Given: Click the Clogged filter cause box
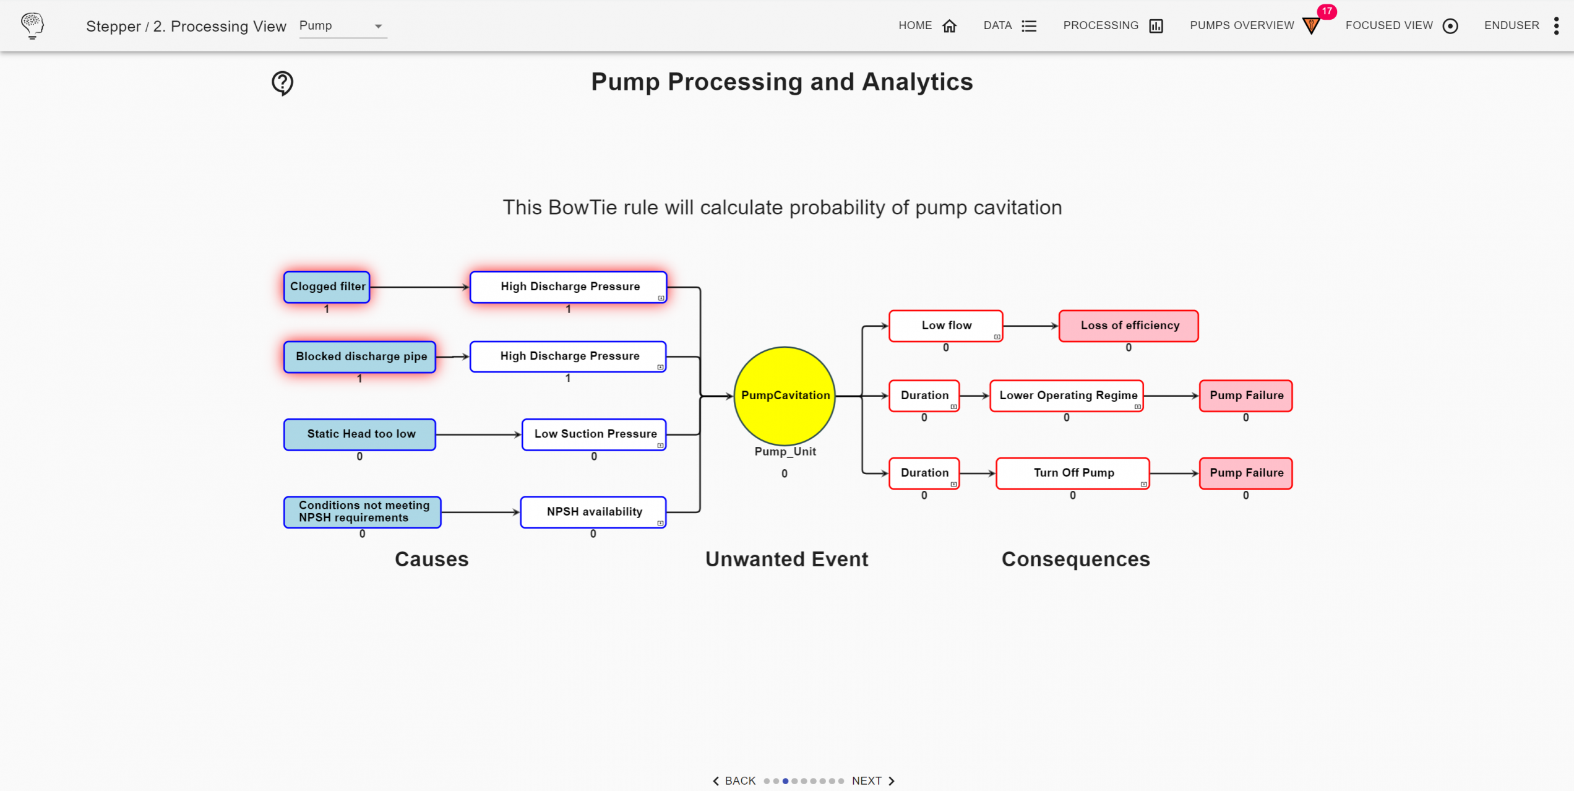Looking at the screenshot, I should click(327, 287).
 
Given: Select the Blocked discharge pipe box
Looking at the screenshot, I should click(359, 357).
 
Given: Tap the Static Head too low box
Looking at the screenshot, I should click(359, 434).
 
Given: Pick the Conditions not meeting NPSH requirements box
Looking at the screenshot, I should click(362, 512).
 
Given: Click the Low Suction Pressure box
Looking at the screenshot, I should click(593, 434).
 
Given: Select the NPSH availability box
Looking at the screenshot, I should click(593, 512).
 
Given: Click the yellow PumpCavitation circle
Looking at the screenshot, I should click(785, 396).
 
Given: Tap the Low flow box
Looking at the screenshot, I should click(945, 326).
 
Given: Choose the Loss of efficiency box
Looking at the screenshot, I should click(1129, 326).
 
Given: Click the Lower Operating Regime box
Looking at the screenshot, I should click(1067, 396).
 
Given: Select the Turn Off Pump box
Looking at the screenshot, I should click(1073, 473).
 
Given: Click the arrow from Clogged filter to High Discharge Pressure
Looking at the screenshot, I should click(419, 287).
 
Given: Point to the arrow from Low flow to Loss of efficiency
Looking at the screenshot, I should click(1031, 326).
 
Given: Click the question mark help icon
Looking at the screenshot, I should click(282, 83).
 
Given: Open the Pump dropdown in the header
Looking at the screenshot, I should click(343, 26).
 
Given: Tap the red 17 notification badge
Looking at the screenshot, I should click(1327, 11).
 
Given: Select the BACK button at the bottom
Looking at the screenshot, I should click(734, 781).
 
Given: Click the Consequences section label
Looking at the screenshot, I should click(1075, 559).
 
